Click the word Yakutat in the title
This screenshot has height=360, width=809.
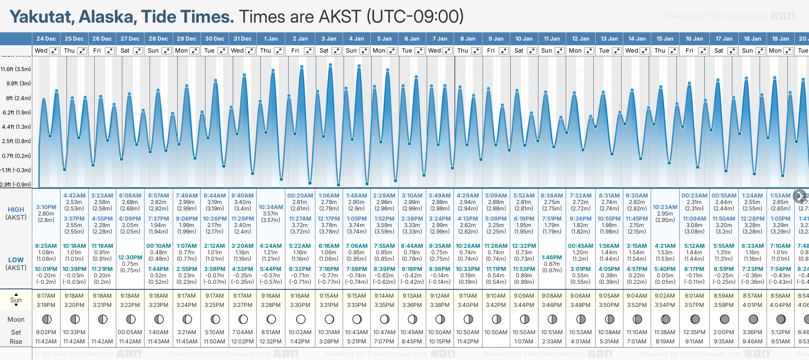click(x=41, y=17)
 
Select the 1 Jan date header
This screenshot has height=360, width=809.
click(x=271, y=39)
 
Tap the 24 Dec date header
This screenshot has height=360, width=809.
click(x=46, y=39)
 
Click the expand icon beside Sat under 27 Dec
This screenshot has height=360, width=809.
click(x=138, y=51)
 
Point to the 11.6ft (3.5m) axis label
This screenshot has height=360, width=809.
click(x=16, y=69)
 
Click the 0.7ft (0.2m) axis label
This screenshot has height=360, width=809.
click(x=16, y=156)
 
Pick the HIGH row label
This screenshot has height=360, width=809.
click(x=16, y=210)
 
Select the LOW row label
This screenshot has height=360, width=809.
click(x=16, y=260)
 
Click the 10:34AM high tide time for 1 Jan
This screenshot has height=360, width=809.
click(x=271, y=207)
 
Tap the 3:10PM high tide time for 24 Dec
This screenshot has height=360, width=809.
click(x=46, y=207)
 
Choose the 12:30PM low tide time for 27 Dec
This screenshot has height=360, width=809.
click(x=130, y=258)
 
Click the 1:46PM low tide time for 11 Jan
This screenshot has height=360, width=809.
click(x=552, y=258)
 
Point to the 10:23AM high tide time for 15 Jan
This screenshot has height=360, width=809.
click(x=665, y=207)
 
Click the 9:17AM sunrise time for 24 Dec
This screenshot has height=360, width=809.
click(x=46, y=296)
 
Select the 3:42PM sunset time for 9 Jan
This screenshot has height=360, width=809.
click(x=496, y=305)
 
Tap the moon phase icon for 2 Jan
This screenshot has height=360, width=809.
click(x=301, y=319)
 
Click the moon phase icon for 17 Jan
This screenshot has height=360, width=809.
click(x=724, y=319)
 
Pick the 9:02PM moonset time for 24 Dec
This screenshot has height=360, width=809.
click(x=46, y=332)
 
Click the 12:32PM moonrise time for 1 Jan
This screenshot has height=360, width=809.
click(x=271, y=342)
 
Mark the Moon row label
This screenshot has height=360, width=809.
click(x=16, y=319)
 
